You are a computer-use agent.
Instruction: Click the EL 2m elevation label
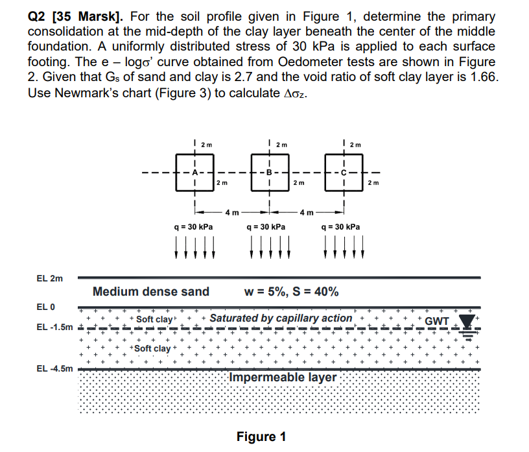(49, 278)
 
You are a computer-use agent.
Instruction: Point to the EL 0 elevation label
(46, 307)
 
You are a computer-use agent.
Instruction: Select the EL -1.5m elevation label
(54, 327)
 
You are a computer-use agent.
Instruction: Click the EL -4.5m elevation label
(54, 368)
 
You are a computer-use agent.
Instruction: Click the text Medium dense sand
(151, 292)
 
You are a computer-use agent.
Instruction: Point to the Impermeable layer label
(283, 377)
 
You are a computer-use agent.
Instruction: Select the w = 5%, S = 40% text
(290, 292)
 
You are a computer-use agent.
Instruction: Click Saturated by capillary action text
(281, 318)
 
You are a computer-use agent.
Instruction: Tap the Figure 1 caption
(261, 436)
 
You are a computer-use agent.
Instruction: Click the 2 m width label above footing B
(281, 143)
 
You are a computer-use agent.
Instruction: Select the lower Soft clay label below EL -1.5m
(152, 349)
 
